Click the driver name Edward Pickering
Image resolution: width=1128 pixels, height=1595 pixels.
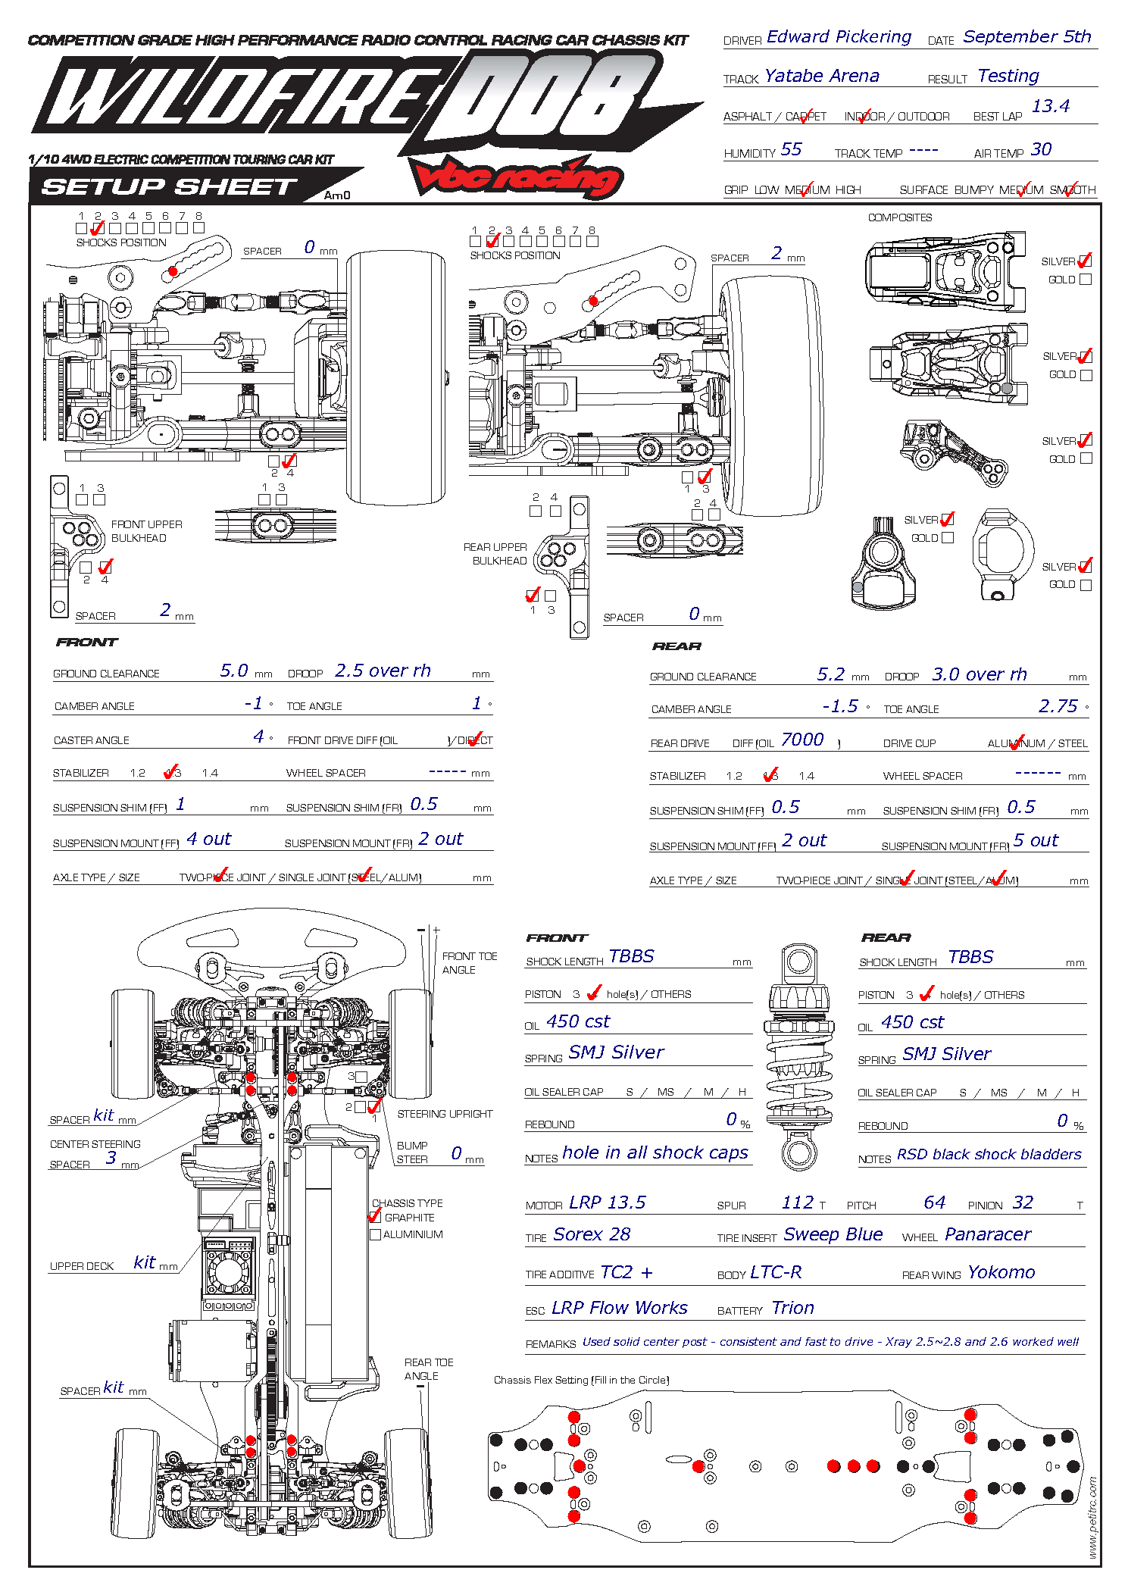pyautogui.click(x=839, y=37)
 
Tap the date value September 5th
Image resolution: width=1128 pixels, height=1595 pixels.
pyautogui.click(x=1026, y=37)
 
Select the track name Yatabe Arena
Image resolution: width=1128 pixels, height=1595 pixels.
pyautogui.click(x=822, y=76)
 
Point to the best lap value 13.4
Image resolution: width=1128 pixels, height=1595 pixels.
pyautogui.click(x=1050, y=106)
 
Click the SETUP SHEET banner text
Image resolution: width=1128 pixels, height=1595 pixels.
pyautogui.click(x=169, y=187)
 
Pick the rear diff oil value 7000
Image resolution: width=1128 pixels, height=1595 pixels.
pyautogui.click(x=802, y=740)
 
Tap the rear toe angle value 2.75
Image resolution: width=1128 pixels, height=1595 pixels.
pyautogui.click(x=1058, y=706)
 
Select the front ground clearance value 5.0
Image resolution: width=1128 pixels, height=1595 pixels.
pyautogui.click(x=234, y=671)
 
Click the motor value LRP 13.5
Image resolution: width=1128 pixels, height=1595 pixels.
pyautogui.click(x=608, y=1203)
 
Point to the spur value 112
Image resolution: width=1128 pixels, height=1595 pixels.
pyautogui.click(x=797, y=1203)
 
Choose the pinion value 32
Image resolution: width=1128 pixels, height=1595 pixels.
pyautogui.click(x=1023, y=1203)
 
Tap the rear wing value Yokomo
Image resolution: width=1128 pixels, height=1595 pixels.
pyautogui.click(x=1001, y=1272)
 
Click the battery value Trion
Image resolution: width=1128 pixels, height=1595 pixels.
pyautogui.click(x=792, y=1308)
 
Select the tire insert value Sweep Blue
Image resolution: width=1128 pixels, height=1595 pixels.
pyautogui.click(x=833, y=1234)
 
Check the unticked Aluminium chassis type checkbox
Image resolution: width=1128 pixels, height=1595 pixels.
pyautogui.click(x=375, y=1234)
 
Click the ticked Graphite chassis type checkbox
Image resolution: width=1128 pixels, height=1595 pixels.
pyautogui.click(x=375, y=1217)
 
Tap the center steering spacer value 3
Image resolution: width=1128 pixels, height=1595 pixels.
pyautogui.click(x=111, y=1158)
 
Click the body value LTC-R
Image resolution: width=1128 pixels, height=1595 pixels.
pyautogui.click(x=775, y=1272)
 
